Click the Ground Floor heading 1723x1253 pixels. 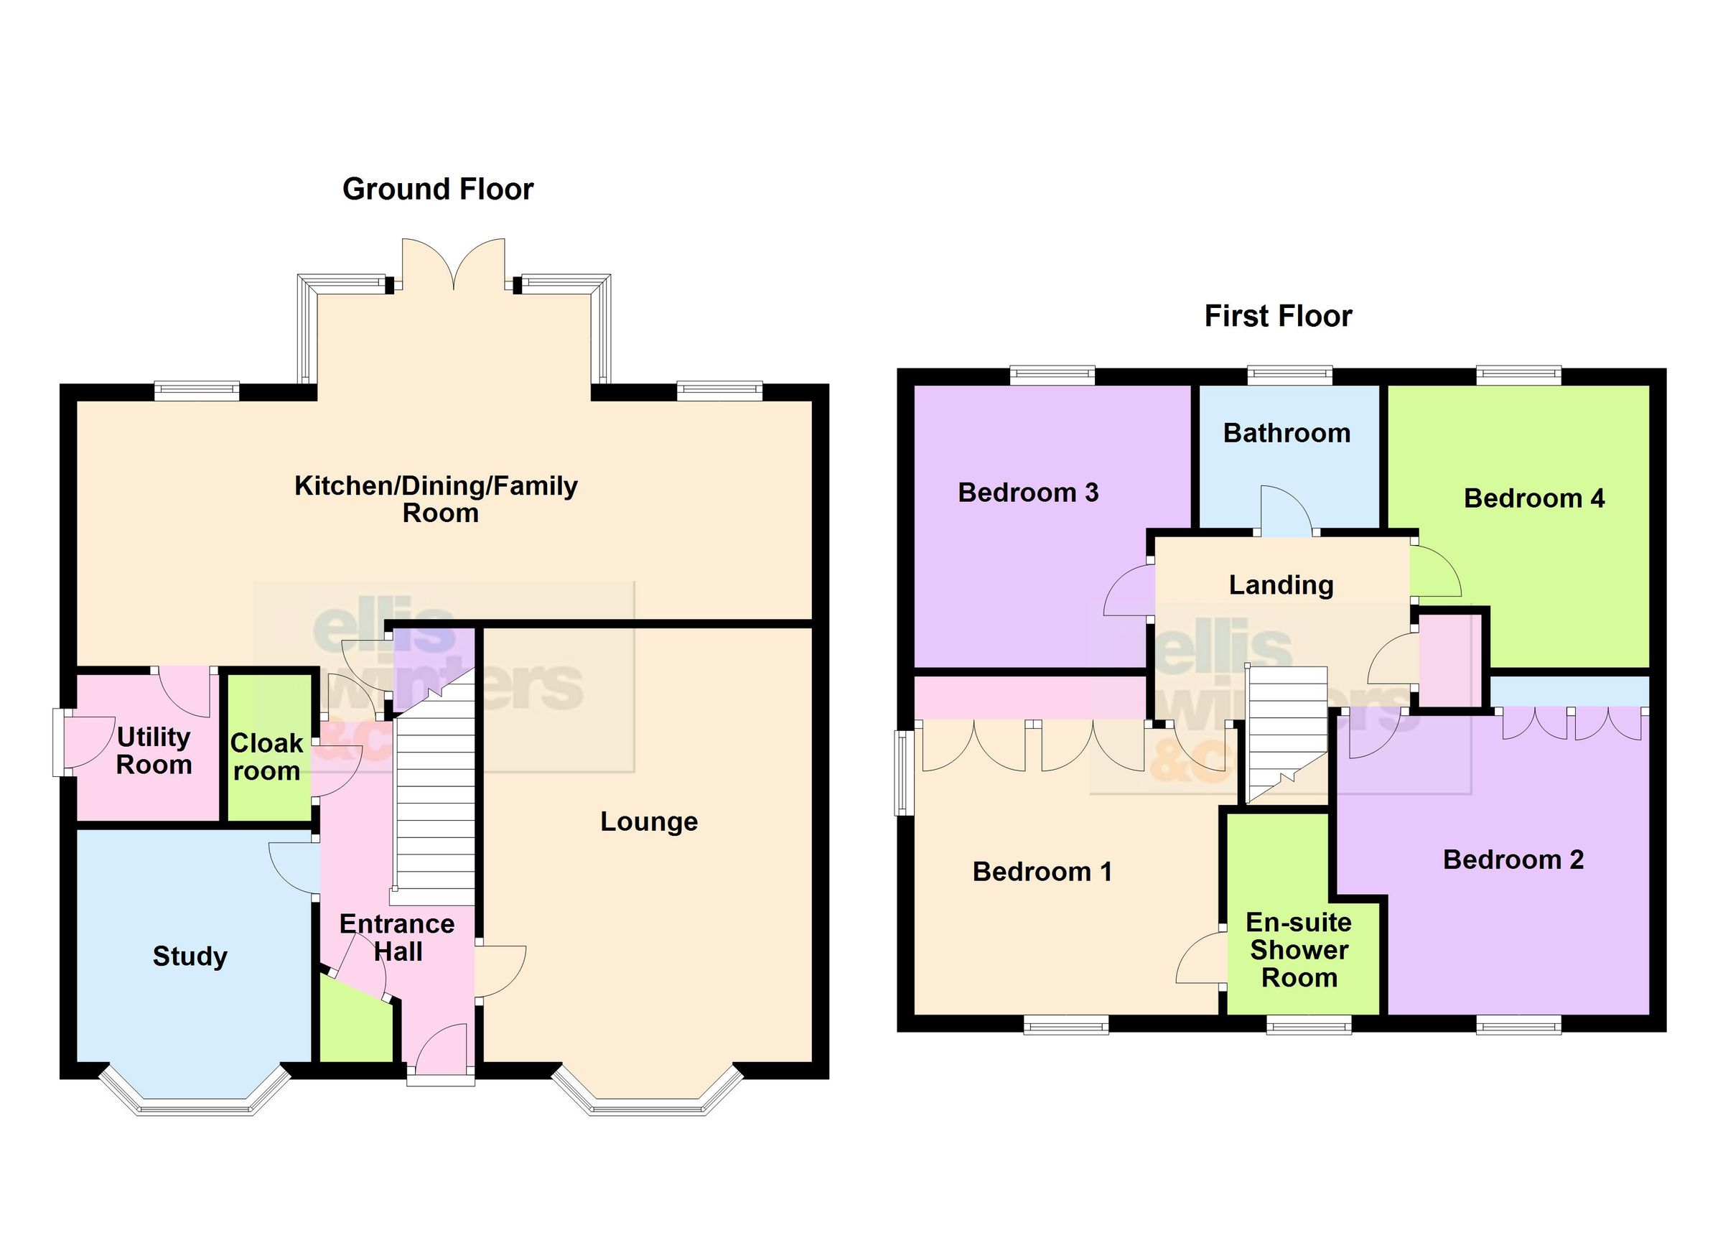[438, 189]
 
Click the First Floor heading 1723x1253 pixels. [1278, 316]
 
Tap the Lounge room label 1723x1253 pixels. [649, 821]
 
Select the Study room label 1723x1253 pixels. [190, 956]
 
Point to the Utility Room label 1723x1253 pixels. [154, 751]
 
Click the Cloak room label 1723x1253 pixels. [266, 757]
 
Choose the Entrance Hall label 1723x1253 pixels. [396, 938]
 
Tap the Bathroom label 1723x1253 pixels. [1287, 433]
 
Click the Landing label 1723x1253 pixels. [1281, 585]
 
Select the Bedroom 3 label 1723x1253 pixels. [1028, 493]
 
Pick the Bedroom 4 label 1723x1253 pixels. [1534, 498]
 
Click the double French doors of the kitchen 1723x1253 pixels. [454, 266]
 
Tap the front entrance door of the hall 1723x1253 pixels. [442, 1048]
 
